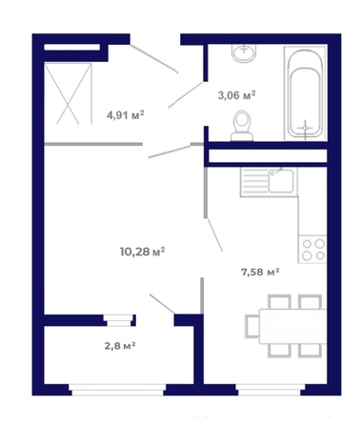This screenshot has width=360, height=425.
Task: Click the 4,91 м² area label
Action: pos(126,114)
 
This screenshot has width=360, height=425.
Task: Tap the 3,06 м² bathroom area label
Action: pos(237,95)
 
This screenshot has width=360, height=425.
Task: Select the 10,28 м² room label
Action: pos(142,252)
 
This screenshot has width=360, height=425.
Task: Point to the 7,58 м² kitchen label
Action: pos(260,272)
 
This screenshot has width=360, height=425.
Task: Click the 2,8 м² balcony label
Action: pos(120,345)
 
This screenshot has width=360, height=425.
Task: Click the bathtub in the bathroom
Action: pos(305,93)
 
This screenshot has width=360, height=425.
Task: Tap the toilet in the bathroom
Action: pos(242,126)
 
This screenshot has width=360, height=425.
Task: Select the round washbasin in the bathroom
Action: pos(244,52)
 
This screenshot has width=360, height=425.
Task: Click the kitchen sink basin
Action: pos(281,181)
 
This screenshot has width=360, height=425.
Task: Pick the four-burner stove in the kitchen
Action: pos(312,249)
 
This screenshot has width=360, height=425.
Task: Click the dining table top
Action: pos(292,326)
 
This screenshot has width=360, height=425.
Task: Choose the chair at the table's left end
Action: pos(252,326)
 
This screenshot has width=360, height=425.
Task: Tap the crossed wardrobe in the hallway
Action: pos(68,93)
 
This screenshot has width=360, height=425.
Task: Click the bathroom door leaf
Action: pos(186,94)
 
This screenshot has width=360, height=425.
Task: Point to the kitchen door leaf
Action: pos(214,234)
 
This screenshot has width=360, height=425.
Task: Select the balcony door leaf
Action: pos(162,304)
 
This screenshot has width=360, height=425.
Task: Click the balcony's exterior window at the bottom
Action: pos(117,390)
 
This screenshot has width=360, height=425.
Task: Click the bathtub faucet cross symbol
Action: pos(305,128)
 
